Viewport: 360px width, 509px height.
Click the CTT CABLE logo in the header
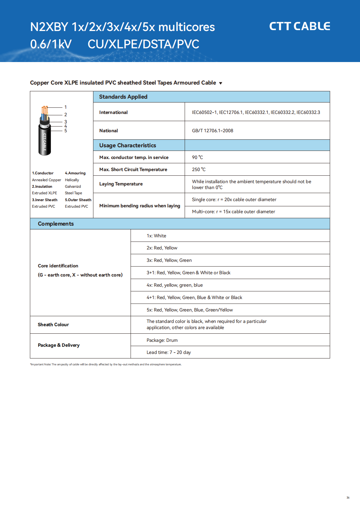pyautogui.click(x=299, y=26)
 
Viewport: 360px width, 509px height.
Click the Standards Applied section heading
pyautogui.click(x=123, y=97)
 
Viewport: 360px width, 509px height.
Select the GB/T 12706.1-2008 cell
pyautogui.click(x=213, y=131)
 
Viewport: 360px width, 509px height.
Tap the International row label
pyautogui.click(x=113, y=112)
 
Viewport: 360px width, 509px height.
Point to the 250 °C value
pyautogui.click(x=199, y=169)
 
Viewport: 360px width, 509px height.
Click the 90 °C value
pyautogui.click(x=197, y=157)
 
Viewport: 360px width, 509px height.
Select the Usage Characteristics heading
pyautogui.click(x=127, y=145)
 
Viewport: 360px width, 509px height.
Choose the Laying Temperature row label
pyautogui.click(x=121, y=184)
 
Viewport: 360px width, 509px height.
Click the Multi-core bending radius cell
pyautogui.click(x=233, y=212)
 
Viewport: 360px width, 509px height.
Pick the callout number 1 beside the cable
pyautogui.click(x=66, y=107)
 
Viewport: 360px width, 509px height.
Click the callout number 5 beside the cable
pyautogui.click(x=66, y=131)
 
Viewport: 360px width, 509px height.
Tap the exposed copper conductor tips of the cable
pyautogui.click(x=45, y=108)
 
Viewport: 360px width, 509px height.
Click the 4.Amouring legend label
pyautogui.click(x=75, y=173)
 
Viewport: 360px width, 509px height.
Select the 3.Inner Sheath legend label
pyautogui.click(x=45, y=200)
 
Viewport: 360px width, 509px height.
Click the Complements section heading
pyautogui.click(x=56, y=224)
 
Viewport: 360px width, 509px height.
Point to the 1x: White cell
pyautogui.click(x=156, y=236)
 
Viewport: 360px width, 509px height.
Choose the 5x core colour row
pyautogui.click(x=189, y=310)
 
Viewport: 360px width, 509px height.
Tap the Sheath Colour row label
pyautogui.click(x=53, y=325)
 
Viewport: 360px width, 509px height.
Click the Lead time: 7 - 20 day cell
pyautogui.click(x=169, y=352)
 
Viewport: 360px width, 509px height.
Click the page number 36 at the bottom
pyautogui.click(x=348, y=498)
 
